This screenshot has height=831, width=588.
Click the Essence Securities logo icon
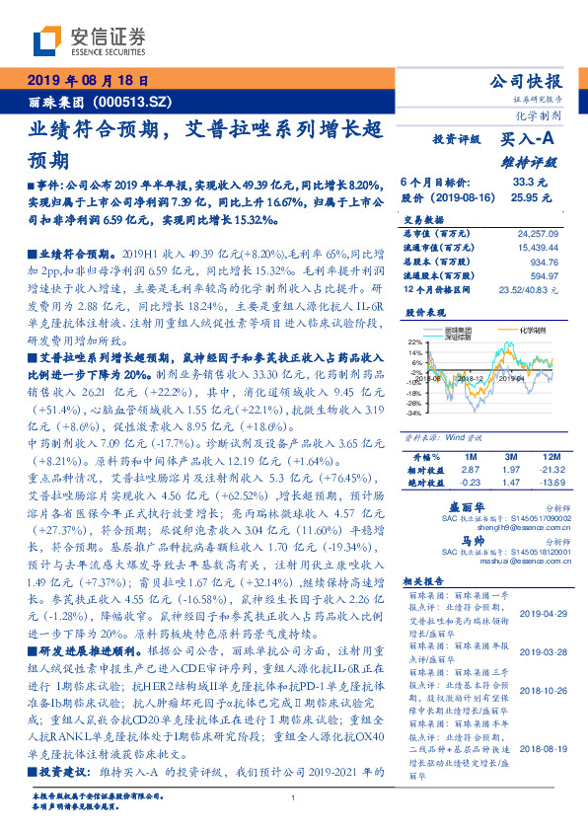coord(46,41)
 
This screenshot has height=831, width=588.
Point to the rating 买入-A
coord(528,140)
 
